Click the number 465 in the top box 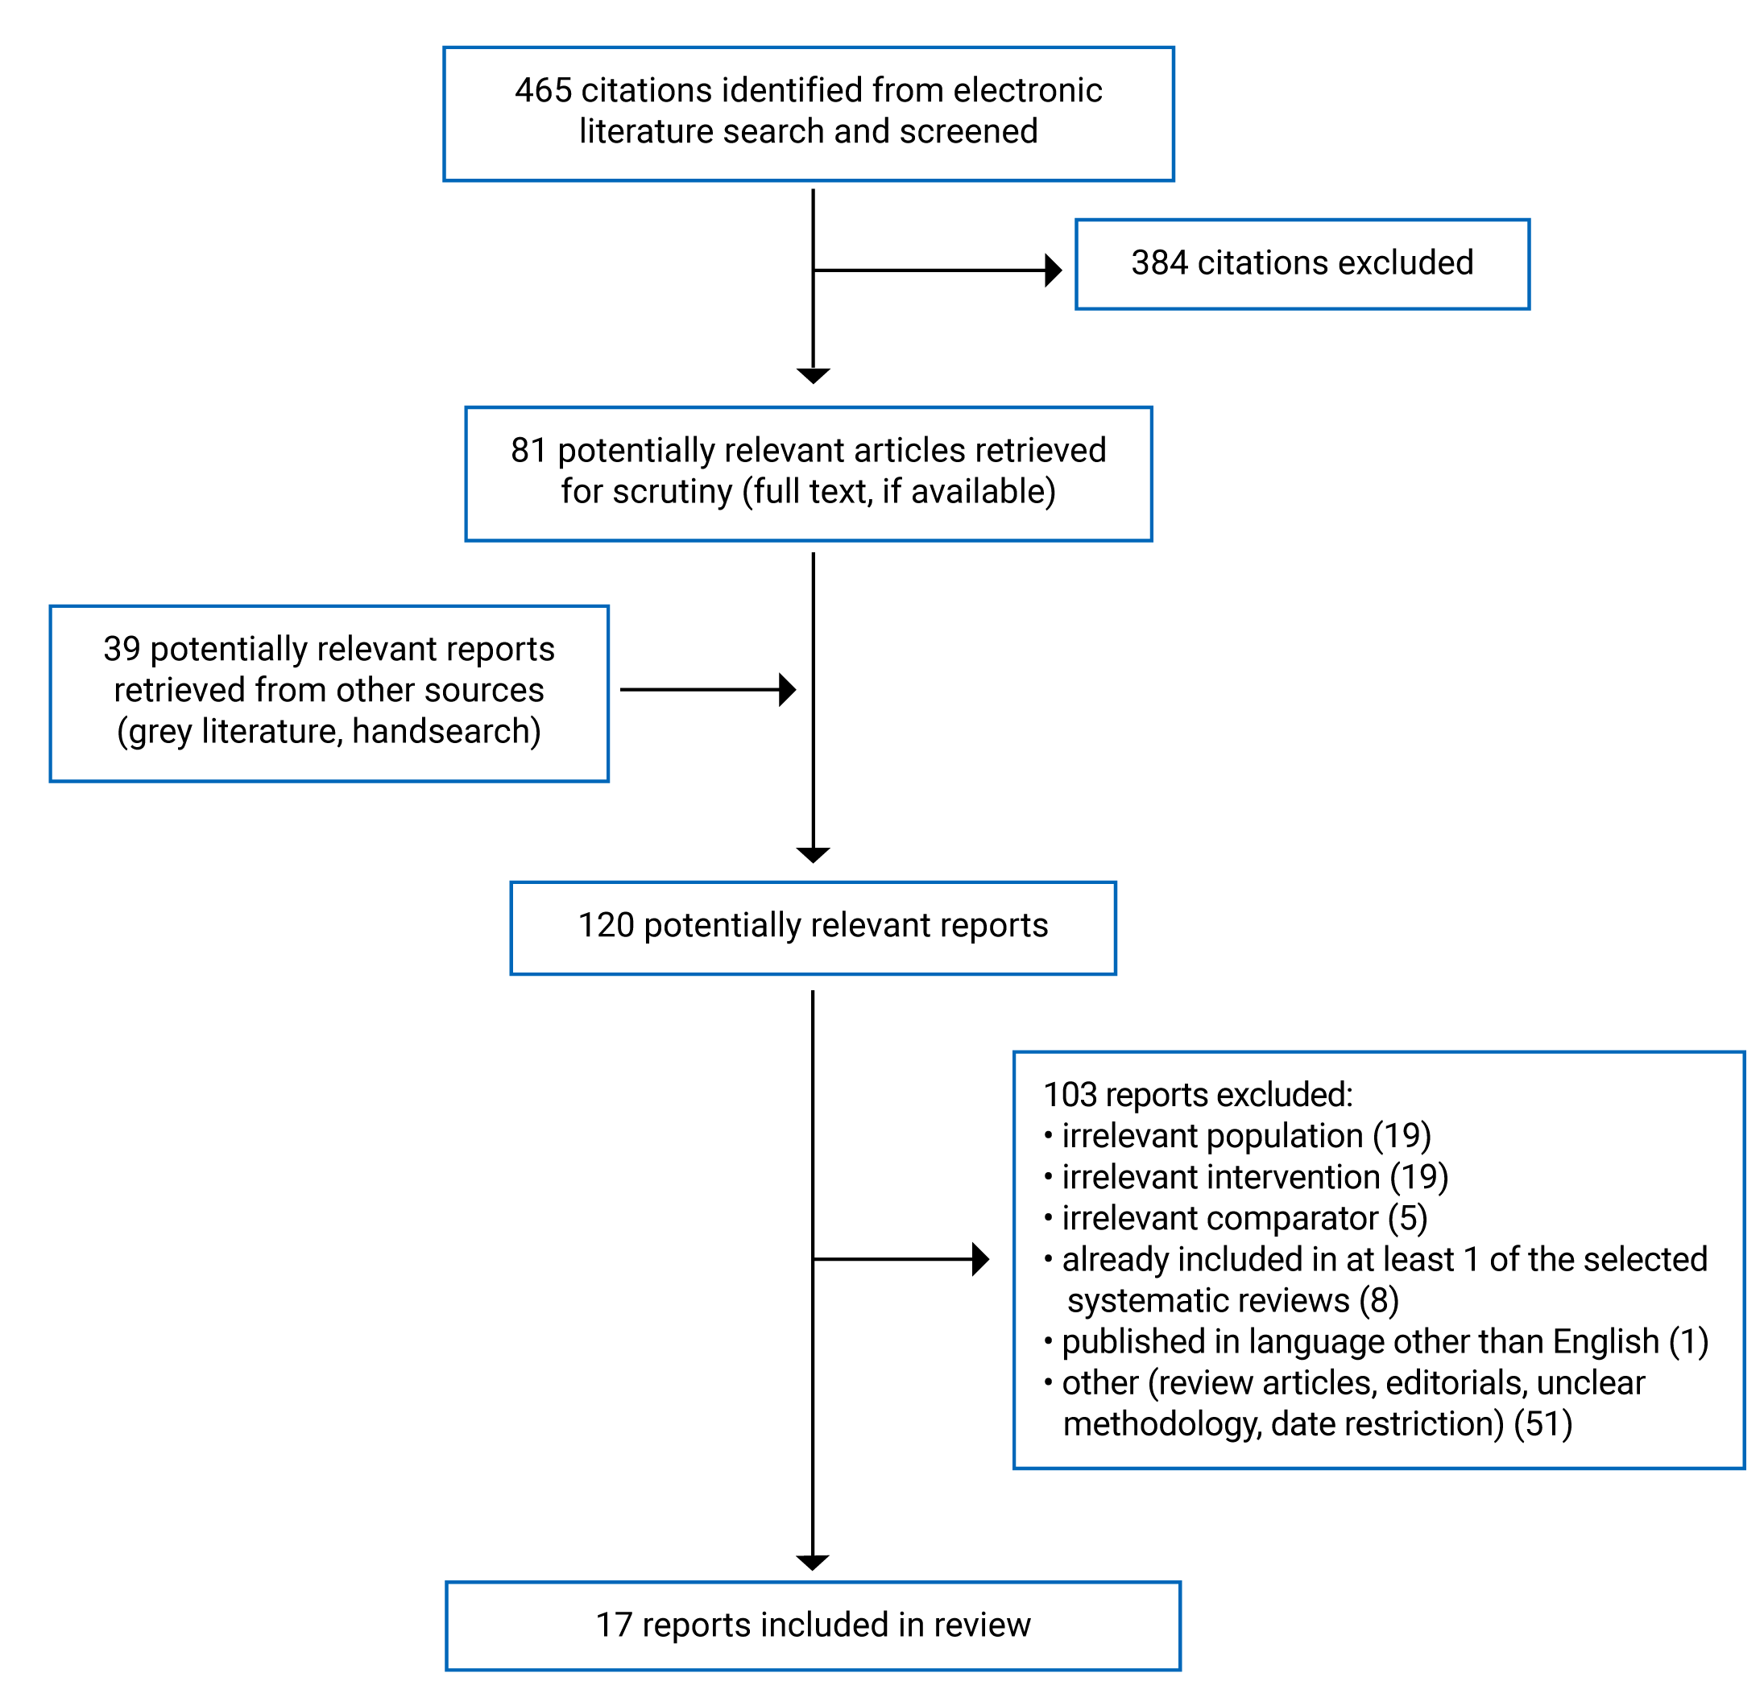coord(542,90)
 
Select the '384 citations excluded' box coord(1302,263)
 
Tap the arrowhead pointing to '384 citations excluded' coord(1054,270)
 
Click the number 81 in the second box coord(528,450)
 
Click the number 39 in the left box coord(121,649)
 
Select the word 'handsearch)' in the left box coord(446,731)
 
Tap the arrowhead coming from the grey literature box coord(787,690)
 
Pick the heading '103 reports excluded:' coord(1198,1095)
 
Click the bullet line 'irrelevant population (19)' coord(1246,1136)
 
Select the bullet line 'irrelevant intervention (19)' coord(1255,1177)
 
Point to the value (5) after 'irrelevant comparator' coord(1407,1219)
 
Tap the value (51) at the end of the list coord(1542,1424)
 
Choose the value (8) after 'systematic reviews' coord(1378,1300)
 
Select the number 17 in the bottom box coord(614,1625)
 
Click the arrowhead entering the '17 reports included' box coord(812,1563)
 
